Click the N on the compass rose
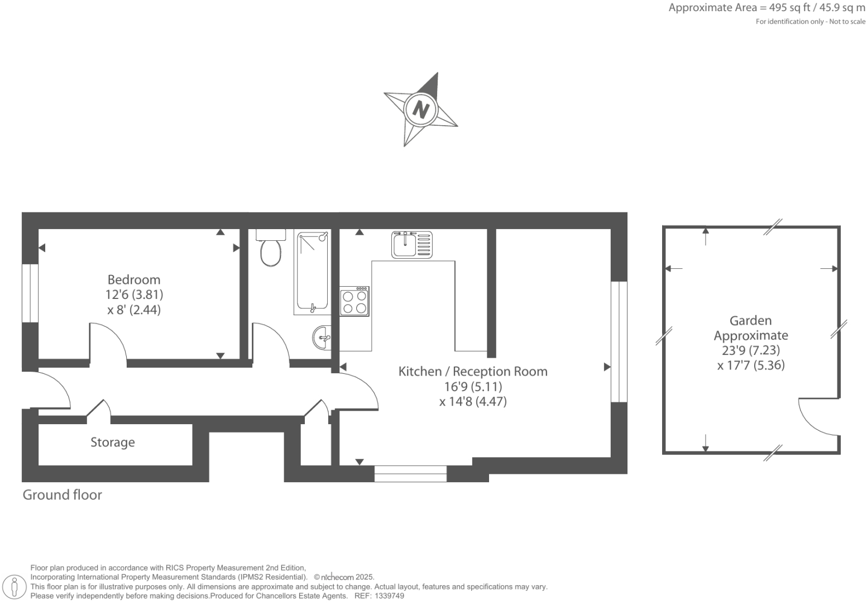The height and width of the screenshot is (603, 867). click(420, 109)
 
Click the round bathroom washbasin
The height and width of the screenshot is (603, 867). click(322, 338)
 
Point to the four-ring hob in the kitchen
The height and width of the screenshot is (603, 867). click(355, 301)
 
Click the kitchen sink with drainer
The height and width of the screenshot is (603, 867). click(412, 245)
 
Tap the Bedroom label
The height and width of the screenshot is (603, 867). click(134, 279)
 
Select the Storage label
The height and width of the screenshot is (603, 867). click(113, 442)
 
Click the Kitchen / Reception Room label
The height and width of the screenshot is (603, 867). click(473, 371)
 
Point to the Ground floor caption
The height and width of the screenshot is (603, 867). click(62, 495)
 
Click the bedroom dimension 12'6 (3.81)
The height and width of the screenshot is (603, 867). click(134, 295)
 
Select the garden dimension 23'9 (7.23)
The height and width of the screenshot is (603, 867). click(751, 350)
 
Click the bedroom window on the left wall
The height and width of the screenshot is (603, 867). click(30, 293)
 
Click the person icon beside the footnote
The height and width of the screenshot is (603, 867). click(15, 587)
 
